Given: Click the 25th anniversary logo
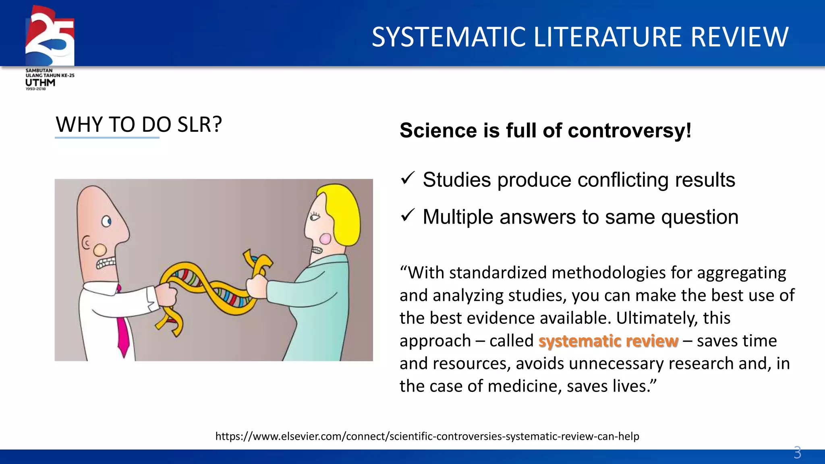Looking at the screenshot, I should pyautogui.click(x=50, y=36).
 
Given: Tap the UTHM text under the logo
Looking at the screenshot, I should pyautogui.click(x=40, y=83).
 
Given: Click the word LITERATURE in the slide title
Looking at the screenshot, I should pyautogui.click(x=608, y=37).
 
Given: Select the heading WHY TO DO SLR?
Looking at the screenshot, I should pyautogui.click(x=139, y=124).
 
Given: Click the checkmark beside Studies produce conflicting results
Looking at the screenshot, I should pyautogui.click(x=408, y=178).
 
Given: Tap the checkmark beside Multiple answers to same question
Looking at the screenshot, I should pyautogui.click(x=408, y=215).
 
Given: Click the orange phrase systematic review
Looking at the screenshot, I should pyautogui.click(x=608, y=341).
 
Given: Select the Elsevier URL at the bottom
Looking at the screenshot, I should pyautogui.click(x=427, y=436).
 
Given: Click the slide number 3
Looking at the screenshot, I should pyautogui.click(x=797, y=452).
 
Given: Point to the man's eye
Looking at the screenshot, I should pyautogui.click(x=106, y=221).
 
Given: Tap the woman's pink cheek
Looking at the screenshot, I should pyautogui.click(x=325, y=239).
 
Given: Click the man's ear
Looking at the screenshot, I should pyautogui.click(x=86, y=243).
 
